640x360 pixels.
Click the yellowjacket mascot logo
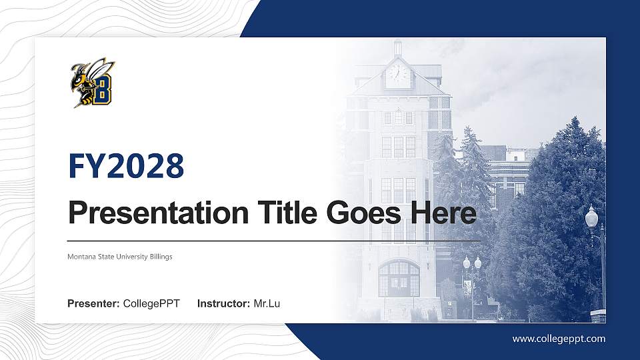[92, 83]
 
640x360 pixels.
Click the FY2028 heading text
[126, 167]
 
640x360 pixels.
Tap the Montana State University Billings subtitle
[120, 257]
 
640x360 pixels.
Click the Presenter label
[93, 304]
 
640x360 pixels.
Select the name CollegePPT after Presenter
[151, 304]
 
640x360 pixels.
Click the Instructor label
[224, 304]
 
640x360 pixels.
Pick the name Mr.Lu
[267, 304]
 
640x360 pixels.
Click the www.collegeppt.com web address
[559, 339]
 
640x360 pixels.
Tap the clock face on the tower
[398, 73]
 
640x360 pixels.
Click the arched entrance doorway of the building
[399, 279]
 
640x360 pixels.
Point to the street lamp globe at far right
[591, 217]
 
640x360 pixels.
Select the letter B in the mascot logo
[102, 91]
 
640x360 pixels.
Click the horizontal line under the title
[273, 240]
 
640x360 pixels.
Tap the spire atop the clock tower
[398, 48]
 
